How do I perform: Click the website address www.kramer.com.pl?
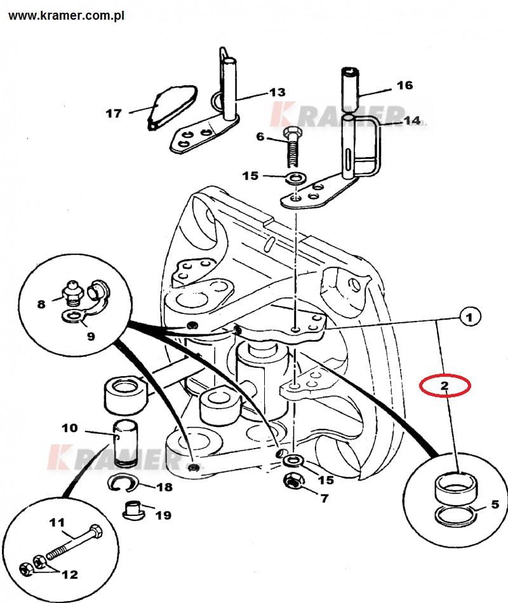tap(67, 15)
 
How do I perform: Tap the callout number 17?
tap(114, 114)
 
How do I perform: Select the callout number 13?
tap(277, 92)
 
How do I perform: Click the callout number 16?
tap(404, 85)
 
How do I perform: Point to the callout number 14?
tap(411, 120)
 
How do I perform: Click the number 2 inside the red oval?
tap(444, 385)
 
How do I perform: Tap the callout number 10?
tap(70, 428)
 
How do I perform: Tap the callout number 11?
tap(57, 523)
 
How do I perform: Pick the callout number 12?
tap(70, 574)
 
